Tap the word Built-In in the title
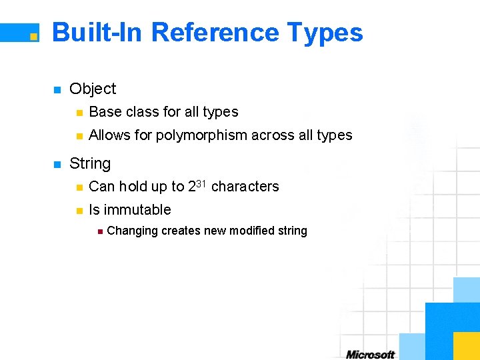pos(97,32)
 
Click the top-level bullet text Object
pos(93,89)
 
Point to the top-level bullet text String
pos(90,163)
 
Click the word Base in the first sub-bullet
pos(104,112)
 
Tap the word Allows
pos(109,135)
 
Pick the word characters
pos(245,187)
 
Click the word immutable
pos(138,210)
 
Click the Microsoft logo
pos(371,354)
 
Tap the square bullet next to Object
pos(57,89)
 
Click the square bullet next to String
pos(57,164)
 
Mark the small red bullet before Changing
pos(99,231)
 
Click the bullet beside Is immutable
pos(78,211)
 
